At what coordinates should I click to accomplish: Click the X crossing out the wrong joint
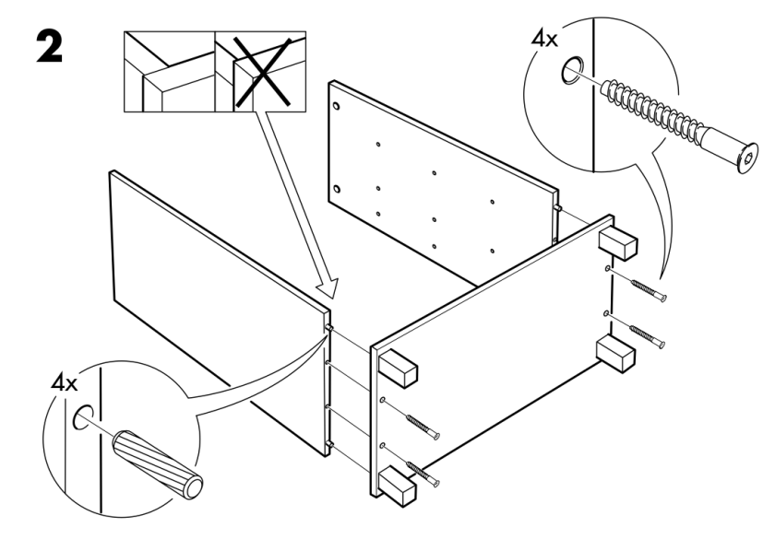tap(260, 72)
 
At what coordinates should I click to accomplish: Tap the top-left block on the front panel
tap(398, 368)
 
